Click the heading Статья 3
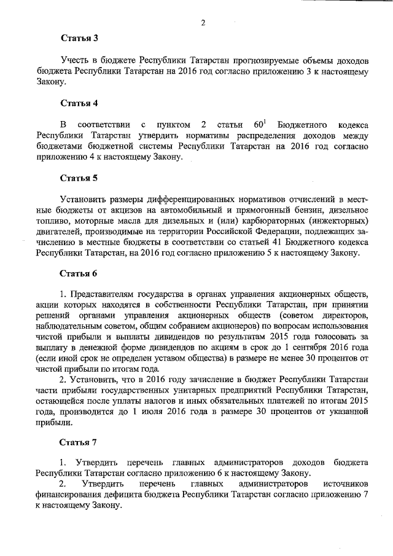[x=79, y=38]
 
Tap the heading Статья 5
[x=79, y=179]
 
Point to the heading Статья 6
[x=79, y=273]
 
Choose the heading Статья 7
[x=79, y=442]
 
